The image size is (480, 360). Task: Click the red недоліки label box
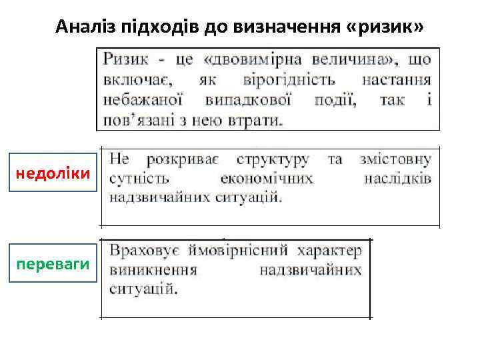[x=53, y=174]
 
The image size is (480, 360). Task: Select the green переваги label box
[x=53, y=264]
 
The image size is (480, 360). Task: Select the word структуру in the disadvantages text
[x=273, y=159]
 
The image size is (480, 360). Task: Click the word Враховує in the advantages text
[x=143, y=251]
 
